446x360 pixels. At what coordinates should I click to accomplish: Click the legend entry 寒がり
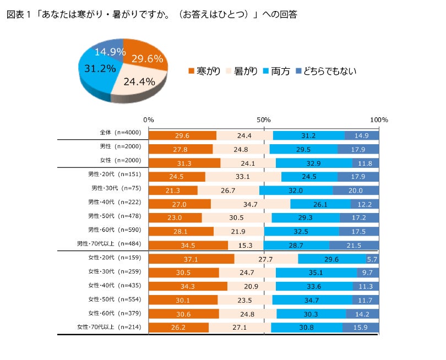point(205,70)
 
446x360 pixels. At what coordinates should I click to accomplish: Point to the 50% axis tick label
point(264,119)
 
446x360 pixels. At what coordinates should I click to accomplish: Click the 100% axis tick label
point(379,119)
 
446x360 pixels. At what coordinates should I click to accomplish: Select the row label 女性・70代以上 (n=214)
point(109,327)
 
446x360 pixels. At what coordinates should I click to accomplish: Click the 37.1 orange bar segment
point(192,259)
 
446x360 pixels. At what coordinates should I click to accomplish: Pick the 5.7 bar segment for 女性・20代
point(373,259)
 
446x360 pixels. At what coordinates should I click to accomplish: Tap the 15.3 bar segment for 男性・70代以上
point(246,245)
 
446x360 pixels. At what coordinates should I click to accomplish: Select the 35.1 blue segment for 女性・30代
point(316,272)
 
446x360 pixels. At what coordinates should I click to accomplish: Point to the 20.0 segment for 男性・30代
point(356,189)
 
